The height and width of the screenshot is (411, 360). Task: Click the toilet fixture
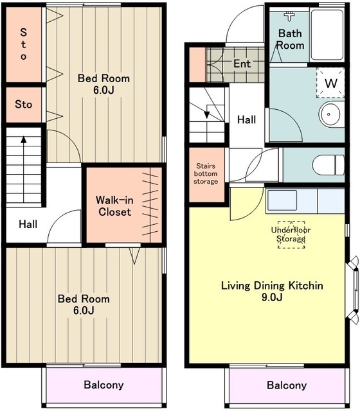(328, 165)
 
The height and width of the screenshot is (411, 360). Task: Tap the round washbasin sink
(332, 114)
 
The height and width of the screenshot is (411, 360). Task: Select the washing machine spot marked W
(330, 83)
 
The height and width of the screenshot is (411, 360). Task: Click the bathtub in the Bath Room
(327, 35)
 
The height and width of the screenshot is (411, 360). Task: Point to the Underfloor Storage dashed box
(291, 234)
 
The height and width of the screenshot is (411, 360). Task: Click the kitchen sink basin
(282, 200)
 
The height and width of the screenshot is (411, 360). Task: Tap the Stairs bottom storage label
(206, 173)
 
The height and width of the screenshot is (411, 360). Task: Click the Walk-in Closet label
(114, 206)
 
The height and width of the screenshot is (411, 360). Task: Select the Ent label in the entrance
(242, 64)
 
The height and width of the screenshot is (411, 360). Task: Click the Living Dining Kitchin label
(272, 285)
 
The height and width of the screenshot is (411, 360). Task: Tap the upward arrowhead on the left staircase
(24, 139)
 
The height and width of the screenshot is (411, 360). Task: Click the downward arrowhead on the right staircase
(207, 115)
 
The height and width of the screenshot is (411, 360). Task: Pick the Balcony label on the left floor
(104, 385)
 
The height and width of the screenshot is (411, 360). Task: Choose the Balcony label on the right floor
(287, 385)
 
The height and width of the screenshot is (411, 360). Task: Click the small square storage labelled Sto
(24, 105)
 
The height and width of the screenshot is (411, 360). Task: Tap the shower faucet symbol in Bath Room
(289, 15)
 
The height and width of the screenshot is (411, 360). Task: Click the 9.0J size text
(272, 297)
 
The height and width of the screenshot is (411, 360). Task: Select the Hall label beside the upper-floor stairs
(28, 224)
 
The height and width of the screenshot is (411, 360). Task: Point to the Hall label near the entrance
(246, 120)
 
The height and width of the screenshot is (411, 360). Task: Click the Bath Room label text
(290, 39)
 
